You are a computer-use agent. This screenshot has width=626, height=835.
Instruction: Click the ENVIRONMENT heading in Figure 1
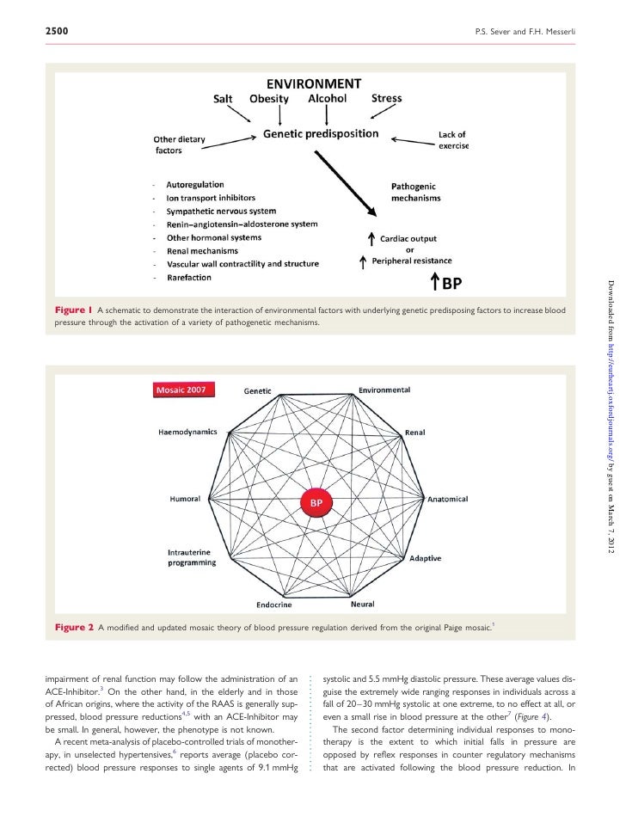[x=312, y=84]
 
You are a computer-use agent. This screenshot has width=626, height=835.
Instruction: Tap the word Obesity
[x=268, y=99]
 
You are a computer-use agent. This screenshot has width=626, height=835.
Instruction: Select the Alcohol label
[x=327, y=99]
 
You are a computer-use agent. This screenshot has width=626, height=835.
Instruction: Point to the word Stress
[x=386, y=99]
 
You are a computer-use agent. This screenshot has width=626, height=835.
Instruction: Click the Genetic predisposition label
[x=321, y=134]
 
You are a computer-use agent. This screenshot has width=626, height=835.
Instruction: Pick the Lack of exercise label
[x=452, y=140]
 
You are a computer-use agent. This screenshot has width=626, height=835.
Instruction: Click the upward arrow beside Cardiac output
[x=371, y=239]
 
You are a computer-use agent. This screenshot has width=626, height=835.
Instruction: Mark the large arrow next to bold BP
[x=436, y=281]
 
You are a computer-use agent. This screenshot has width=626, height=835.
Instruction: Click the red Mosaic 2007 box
[x=184, y=389]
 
